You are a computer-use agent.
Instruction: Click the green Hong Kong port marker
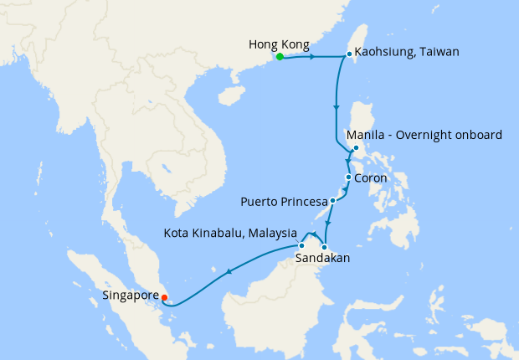coord(280,57)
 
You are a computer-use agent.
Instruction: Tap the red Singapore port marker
coord(165,296)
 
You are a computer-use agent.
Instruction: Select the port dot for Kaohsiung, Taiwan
coord(349,54)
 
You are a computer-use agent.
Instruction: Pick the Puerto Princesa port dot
coord(332,201)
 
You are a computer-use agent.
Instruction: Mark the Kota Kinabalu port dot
coord(301,245)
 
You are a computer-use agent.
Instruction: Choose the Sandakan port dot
coord(324,246)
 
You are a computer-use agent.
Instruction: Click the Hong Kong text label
coord(279,44)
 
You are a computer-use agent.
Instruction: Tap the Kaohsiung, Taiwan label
coord(408,52)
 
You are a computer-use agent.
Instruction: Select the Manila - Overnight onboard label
coord(424,135)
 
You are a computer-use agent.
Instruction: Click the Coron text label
coord(370,177)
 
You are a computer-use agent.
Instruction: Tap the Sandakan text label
coord(322,260)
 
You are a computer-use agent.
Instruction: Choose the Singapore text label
coord(130,295)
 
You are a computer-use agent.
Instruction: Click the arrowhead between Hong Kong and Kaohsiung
coord(311,58)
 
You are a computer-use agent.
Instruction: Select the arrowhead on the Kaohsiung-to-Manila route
coord(337,108)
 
